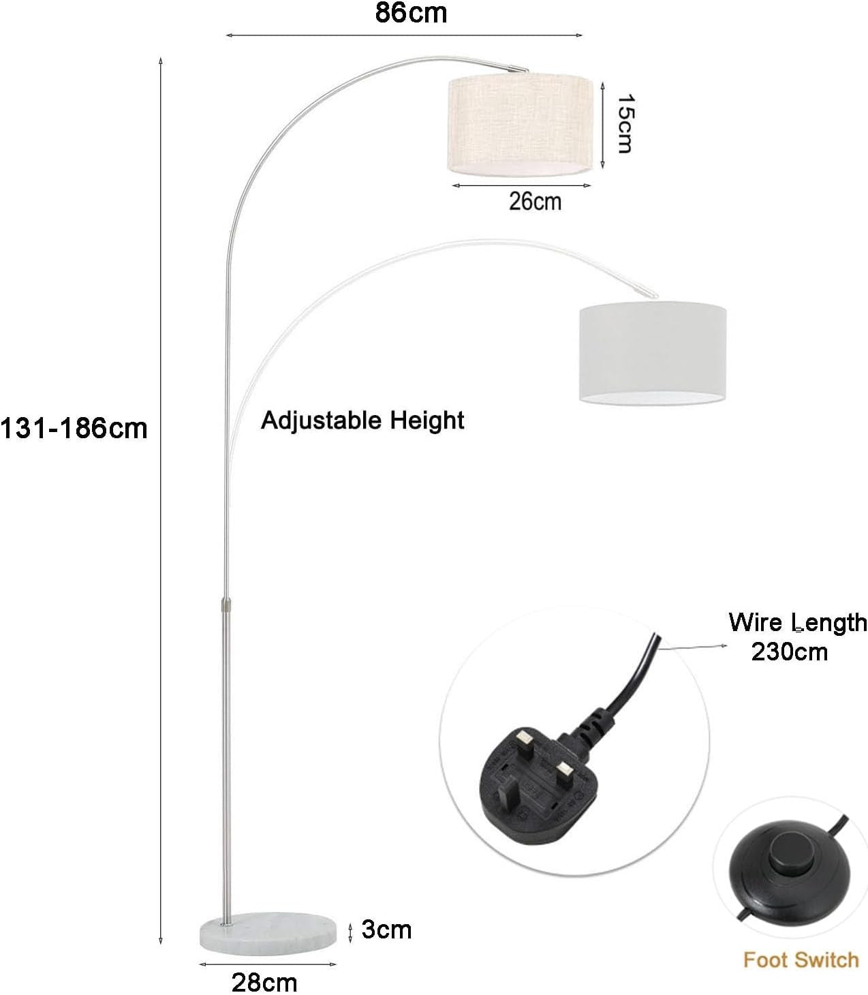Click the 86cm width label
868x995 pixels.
click(411, 13)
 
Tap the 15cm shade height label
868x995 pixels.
click(625, 123)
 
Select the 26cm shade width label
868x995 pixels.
click(535, 201)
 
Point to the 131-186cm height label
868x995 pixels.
click(74, 429)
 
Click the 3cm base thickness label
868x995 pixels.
click(386, 930)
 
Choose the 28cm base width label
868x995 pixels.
click(264, 982)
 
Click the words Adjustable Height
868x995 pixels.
click(362, 420)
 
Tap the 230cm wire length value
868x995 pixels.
click(789, 652)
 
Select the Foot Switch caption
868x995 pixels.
click(801, 960)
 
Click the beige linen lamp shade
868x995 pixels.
click(520, 125)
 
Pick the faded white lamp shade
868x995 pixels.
click(653, 352)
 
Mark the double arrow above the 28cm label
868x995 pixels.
click(268, 964)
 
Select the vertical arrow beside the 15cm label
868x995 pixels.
click(603, 125)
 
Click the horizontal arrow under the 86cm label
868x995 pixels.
click(404, 35)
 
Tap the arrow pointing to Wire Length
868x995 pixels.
click(693, 647)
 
